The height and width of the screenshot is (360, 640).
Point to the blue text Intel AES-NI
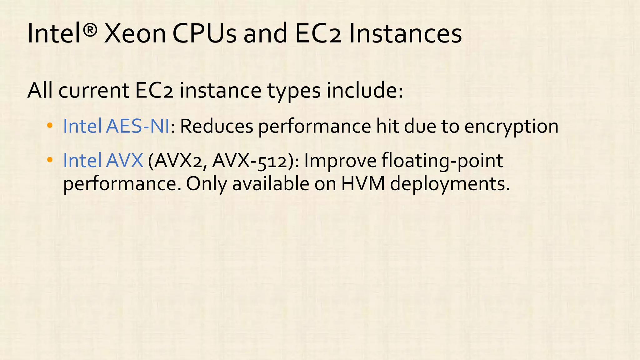click(116, 126)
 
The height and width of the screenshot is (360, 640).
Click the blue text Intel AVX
click(103, 161)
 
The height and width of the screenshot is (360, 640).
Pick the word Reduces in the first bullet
click(217, 126)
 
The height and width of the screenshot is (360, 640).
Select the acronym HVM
click(363, 184)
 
